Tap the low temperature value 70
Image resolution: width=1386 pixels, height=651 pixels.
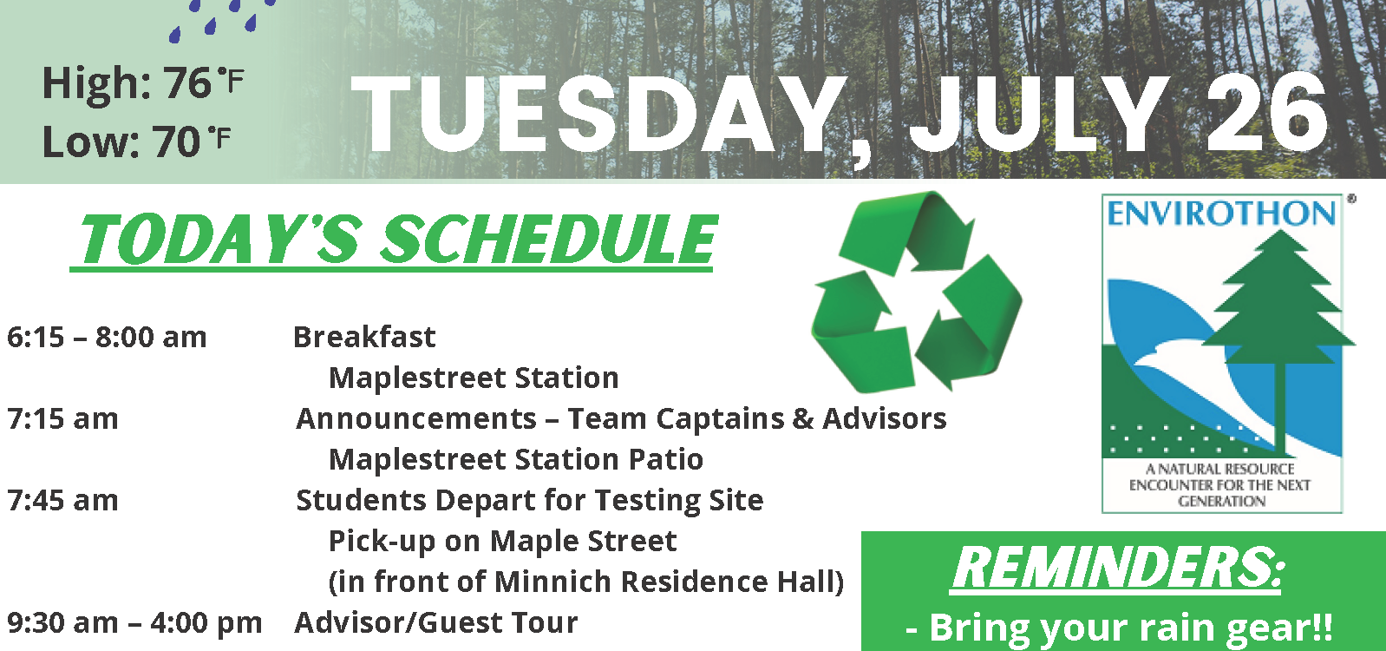pos(176,141)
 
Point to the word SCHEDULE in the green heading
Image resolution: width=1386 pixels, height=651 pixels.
pos(548,239)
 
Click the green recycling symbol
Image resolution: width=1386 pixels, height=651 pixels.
pos(917,291)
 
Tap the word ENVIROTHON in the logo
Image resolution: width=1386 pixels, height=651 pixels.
pos(1221,214)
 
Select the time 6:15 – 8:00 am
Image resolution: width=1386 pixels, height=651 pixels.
pos(107,338)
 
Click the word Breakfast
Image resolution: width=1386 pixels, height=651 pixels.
pos(364,338)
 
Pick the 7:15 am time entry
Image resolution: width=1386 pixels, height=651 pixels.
pos(62,419)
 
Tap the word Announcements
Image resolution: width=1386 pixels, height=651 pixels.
pos(416,419)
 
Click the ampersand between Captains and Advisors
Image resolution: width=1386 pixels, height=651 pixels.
pos(802,418)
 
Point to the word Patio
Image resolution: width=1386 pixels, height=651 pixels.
pos(666,459)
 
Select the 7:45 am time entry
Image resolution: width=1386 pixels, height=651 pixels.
pos(62,501)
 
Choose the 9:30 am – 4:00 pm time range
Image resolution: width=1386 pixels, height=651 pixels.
pos(134,623)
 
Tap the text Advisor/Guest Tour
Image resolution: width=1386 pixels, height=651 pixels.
pos(436,622)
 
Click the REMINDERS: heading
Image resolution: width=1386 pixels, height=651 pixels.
pos(1118,569)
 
